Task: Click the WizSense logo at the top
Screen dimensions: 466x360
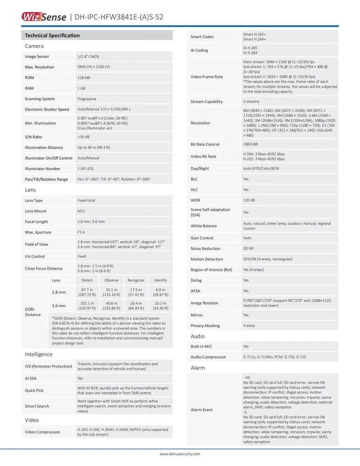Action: click(43, 17)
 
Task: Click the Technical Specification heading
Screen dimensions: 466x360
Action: click(52, 35)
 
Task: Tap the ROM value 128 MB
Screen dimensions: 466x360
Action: click(84, 77)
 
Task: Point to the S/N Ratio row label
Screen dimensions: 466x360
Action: click(34, 137)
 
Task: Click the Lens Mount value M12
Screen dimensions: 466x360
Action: click(81, 211)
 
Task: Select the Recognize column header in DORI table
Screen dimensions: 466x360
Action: click(136, 280)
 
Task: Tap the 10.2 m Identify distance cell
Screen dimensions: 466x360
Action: click(160, 306)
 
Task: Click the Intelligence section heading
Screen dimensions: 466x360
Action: click(39, 354)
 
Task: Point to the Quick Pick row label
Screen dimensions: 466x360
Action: click(34, 391)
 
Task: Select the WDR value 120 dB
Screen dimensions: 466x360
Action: click(249, 200)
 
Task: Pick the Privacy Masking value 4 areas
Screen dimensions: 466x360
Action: click(249, 326)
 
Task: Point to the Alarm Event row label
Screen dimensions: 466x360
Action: click(202, 410)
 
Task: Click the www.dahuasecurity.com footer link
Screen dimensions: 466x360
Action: click(180, 454)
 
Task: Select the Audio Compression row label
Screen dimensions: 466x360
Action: click(208, 357)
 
